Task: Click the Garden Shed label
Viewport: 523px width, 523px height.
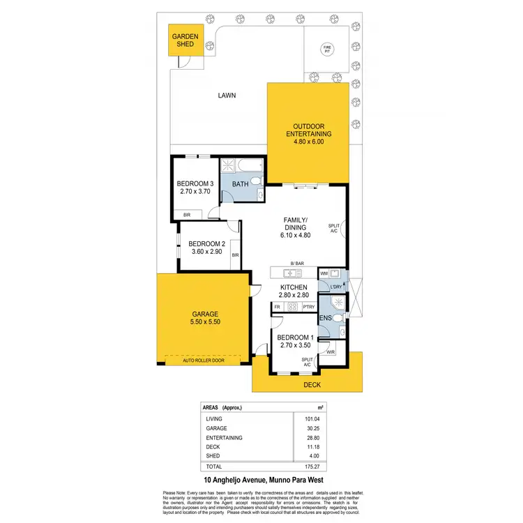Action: pos(185,40)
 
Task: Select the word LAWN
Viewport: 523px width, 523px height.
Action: pos(227,96)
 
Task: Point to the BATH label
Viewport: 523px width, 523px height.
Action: pos(240,185)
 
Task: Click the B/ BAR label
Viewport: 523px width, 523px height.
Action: pos(297,264)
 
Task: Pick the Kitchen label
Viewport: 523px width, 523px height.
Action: pos(294,287)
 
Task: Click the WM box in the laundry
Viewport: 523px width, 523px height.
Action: pos(323,274)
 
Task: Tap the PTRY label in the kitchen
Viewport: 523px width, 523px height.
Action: pos(309,307)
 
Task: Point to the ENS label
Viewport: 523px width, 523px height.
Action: pos(324,318)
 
